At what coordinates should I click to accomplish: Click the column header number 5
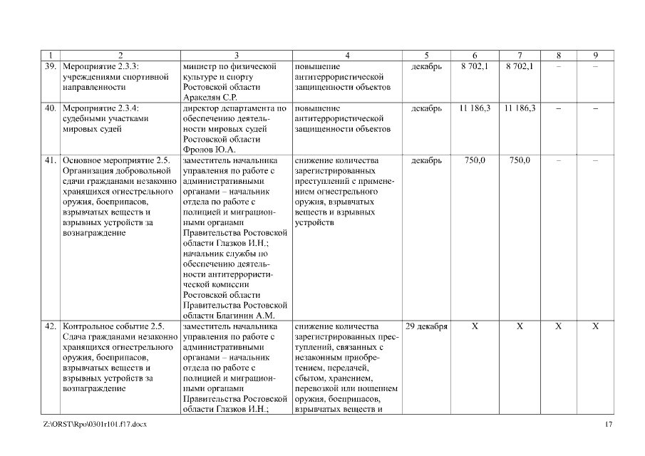426,56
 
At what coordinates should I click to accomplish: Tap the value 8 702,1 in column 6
475,66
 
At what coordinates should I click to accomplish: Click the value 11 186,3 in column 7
520,108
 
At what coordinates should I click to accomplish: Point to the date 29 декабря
426,326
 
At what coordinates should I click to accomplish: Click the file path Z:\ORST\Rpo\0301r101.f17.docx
95,425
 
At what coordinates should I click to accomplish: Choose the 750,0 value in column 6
475,160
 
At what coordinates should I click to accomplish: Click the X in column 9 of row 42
595,326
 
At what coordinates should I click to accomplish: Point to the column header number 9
595,56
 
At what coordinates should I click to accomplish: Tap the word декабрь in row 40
426,108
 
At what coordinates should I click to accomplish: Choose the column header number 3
236,56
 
